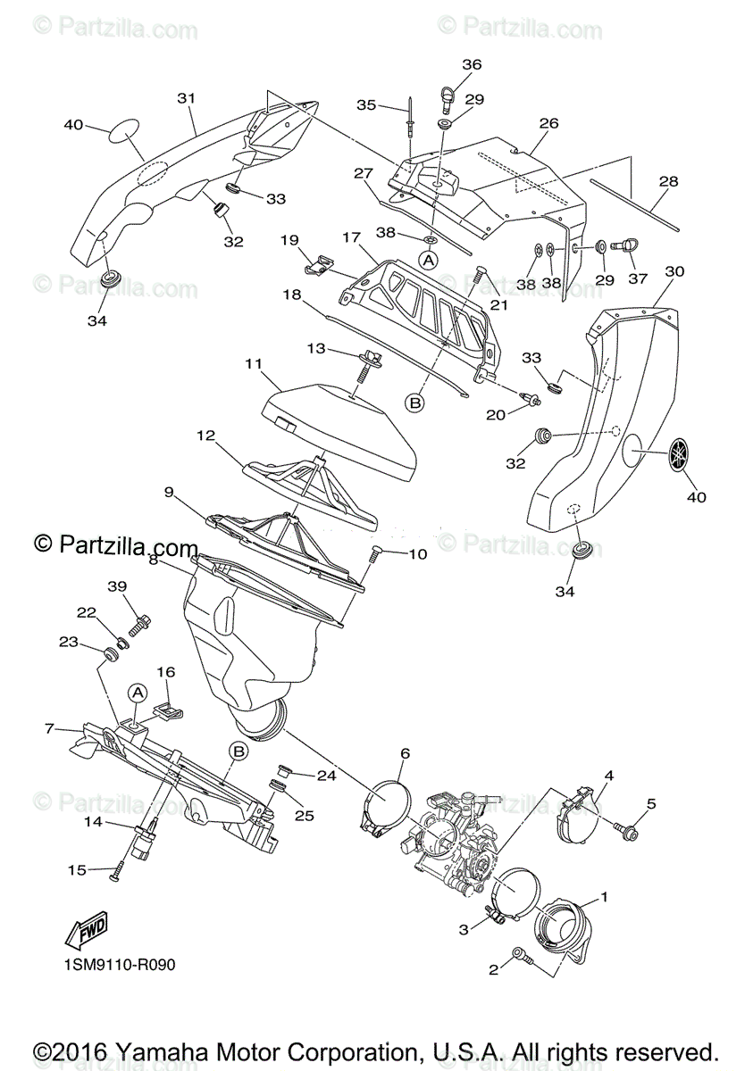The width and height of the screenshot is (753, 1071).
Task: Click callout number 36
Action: tap(472, 64)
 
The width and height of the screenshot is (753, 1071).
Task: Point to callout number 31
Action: tap(186, 98)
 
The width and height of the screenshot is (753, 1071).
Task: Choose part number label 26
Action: tap(548, 123)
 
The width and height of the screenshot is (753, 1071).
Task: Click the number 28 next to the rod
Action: tap(668, 182)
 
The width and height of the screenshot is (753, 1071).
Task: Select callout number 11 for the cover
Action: tap(253, 363)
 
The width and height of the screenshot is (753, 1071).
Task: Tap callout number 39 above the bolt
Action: tap(118, 585)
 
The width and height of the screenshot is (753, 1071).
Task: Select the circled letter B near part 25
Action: tap(238, 751)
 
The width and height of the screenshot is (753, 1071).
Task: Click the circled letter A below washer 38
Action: tap(429, 260)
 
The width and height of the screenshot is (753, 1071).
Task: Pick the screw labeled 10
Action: tap(375, 556)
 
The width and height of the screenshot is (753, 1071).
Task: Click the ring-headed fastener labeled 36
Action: tap(447, 94)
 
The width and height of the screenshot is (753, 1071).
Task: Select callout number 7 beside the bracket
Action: tap(49, 728)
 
